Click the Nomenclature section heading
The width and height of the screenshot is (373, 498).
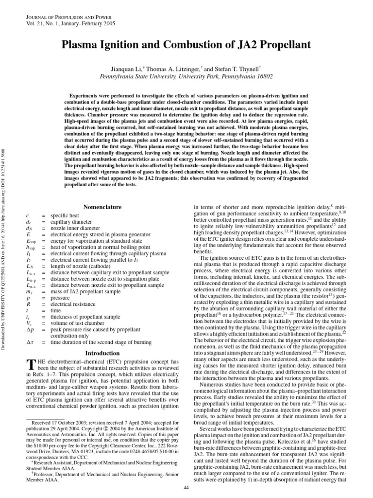tap(102, 207)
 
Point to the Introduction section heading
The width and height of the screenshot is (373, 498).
tap(102, 353)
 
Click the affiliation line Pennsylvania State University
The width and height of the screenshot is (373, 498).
tap(186, 77)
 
